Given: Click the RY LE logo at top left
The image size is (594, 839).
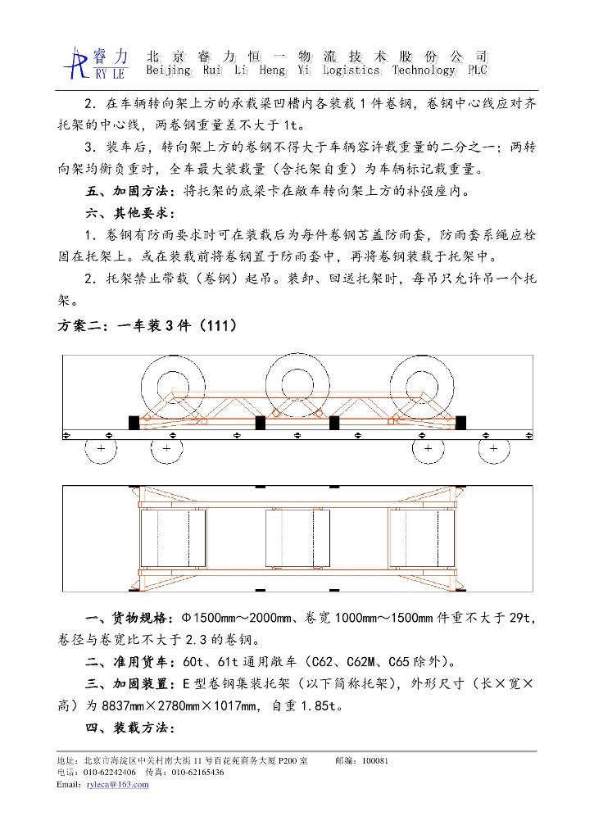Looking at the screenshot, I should pos(97,62).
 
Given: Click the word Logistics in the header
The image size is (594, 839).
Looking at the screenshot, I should pos(351,70).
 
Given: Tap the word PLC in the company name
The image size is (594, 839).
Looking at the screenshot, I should pos(476,70).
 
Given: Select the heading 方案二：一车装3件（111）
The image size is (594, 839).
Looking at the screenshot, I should pos(148,325).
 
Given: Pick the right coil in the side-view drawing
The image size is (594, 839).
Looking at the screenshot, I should pos(422,388).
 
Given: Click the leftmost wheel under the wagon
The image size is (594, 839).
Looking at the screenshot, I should pos(101,450).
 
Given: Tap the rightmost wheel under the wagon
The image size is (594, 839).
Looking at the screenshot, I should pos(493,450).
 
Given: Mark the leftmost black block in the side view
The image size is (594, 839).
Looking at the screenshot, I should pos(134,423).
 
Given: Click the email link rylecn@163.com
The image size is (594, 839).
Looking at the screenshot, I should pos(117,784).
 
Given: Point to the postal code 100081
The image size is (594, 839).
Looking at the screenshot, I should pos(374,760).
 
